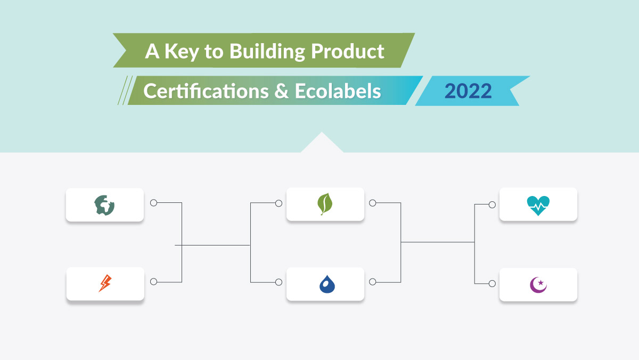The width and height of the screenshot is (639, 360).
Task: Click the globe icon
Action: click(104, 205)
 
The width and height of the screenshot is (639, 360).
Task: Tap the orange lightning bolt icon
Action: click(105, 283)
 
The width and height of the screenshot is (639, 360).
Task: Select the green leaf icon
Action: click(325, 204)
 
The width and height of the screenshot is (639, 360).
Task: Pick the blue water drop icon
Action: click(327, 284)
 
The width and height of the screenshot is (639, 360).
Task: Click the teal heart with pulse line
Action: click(538, 206)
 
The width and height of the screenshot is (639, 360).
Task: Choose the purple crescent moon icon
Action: click(538, 285)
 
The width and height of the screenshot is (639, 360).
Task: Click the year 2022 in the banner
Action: click(468, 91)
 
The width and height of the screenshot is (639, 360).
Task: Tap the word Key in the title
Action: click(182, 52)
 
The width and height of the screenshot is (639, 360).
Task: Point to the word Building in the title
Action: click(267, 52)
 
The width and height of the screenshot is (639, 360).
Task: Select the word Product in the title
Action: click(347, 51)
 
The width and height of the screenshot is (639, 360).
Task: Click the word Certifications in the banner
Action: click(206, 91)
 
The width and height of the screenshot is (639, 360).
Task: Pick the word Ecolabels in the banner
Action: click(338, 91)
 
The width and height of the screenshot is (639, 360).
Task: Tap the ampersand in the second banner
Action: click(282, 91)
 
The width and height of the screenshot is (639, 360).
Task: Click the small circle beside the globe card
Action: click(153, 203)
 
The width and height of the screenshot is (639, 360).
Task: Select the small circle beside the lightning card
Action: click(153, 282)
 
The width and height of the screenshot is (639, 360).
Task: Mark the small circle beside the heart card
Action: click(492, 205)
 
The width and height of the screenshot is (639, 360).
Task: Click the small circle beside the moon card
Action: click(492, 283)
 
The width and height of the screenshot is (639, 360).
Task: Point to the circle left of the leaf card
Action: click(278, 203)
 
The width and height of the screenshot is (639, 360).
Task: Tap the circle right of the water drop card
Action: click(373, 282)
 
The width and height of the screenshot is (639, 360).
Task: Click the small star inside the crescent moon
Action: click(540, 282)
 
